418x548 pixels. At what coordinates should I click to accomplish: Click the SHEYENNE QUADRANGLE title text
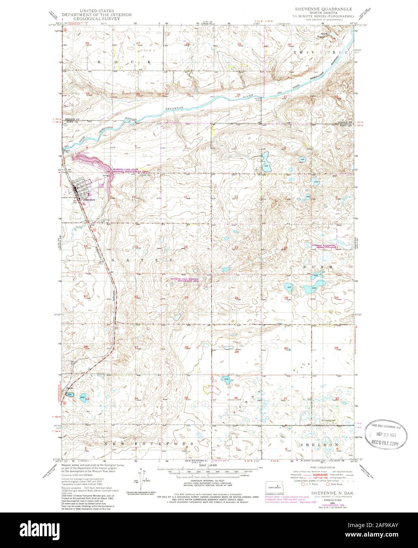(x=320, y=8)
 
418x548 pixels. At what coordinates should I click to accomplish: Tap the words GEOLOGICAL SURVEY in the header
(x=97, y=18)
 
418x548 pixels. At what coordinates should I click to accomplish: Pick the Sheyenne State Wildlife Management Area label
(x=184, y=280)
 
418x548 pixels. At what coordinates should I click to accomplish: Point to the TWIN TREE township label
(x=318, y=52)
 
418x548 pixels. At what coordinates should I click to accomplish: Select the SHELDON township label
(x=320, y=444)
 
